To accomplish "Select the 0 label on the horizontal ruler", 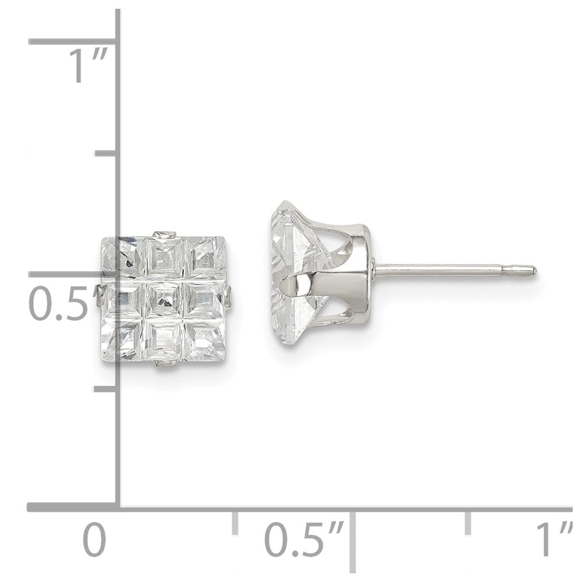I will tap(94, 540).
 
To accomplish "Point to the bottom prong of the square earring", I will tap(165, 365).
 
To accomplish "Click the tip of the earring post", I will tap(533, 269).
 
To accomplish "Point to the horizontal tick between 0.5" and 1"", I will tap(468, 523).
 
